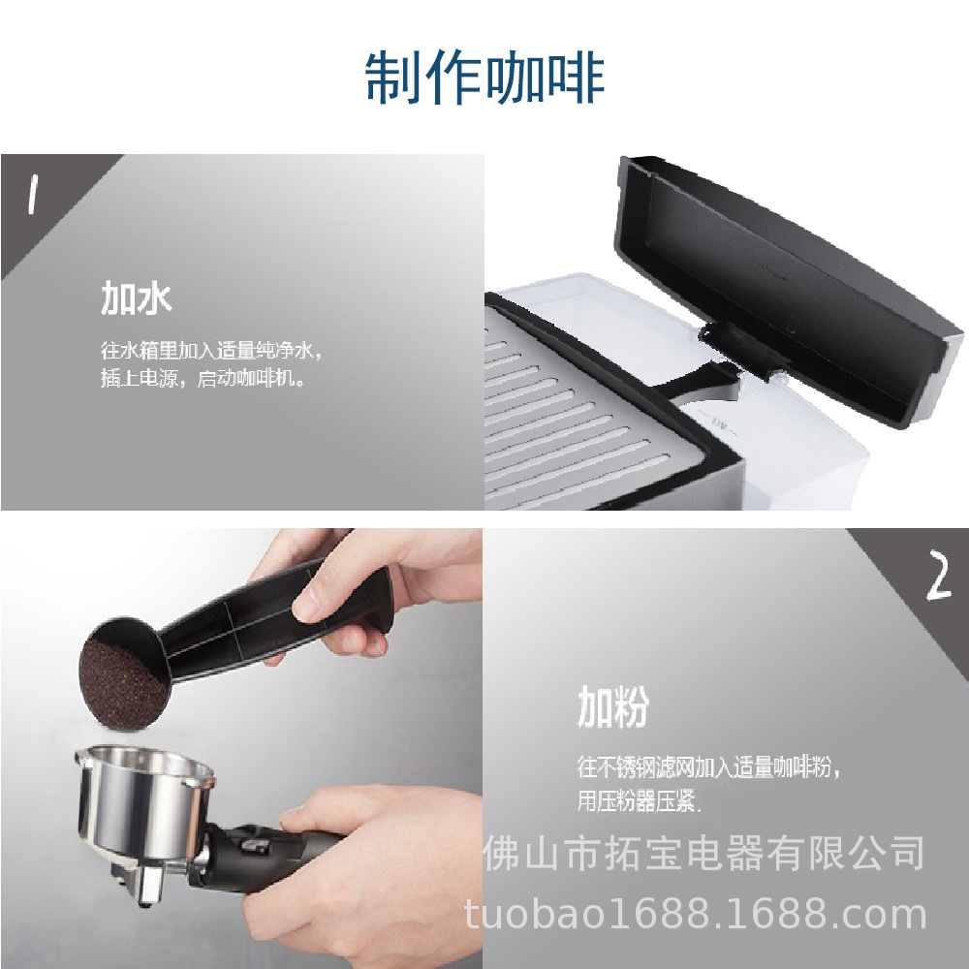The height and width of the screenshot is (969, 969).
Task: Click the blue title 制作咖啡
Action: pos(484,78)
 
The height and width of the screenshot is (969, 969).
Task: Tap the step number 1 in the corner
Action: pos(33,194)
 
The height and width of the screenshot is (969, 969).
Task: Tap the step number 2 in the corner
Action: pos(939,576)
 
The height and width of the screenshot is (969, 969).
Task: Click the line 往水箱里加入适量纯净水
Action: pos(210,351)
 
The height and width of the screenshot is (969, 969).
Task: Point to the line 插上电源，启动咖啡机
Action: pos(203,377)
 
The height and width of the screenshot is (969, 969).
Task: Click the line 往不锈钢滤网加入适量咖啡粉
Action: pos(708,766)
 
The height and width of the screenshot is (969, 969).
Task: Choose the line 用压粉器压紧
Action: pos(639,801)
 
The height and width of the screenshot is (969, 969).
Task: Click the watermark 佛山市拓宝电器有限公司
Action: pos(703,854)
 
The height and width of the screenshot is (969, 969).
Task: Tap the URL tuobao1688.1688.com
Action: pos(695,914)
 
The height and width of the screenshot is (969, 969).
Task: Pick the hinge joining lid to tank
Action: pos(735,353)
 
